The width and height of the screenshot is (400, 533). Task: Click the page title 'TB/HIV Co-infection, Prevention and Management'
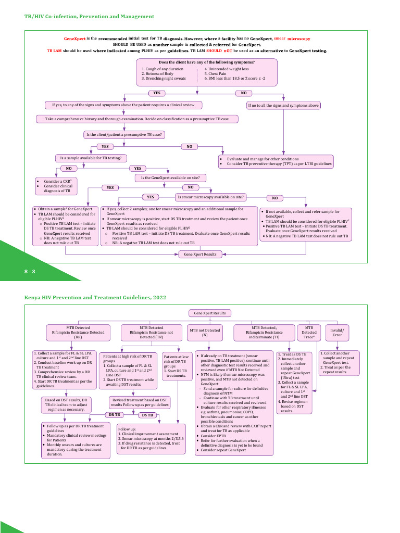89,17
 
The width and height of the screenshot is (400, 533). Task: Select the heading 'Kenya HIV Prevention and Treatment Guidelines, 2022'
95,297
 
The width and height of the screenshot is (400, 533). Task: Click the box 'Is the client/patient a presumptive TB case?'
124,135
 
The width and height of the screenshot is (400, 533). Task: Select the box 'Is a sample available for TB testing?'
91,157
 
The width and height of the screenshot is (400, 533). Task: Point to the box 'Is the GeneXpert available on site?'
171,177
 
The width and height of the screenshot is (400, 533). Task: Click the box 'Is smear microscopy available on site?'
211,197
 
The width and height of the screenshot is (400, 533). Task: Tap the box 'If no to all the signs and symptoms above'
283,105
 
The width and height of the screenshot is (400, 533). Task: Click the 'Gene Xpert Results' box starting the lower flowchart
210,313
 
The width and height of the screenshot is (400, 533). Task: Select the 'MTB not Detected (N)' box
205,331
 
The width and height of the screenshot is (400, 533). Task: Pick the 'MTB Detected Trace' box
309,332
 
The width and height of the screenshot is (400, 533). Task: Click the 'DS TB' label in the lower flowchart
147,415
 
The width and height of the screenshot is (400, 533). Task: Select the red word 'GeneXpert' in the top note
74,39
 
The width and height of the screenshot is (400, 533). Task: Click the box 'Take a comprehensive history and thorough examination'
136,119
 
